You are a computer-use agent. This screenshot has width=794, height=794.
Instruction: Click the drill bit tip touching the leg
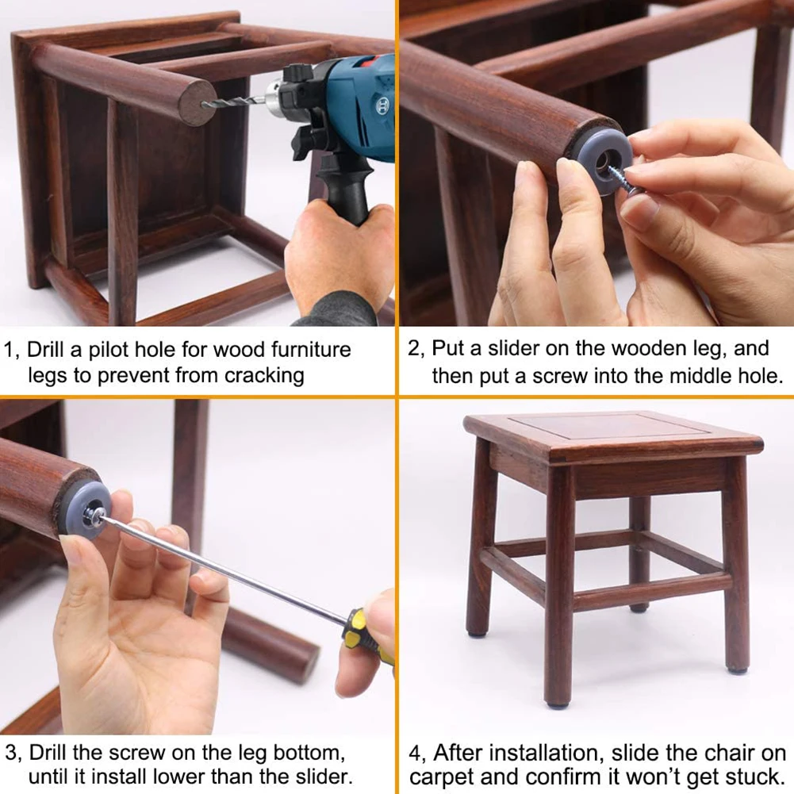click(208, 104)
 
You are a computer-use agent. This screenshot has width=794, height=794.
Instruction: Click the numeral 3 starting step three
click(10, 751)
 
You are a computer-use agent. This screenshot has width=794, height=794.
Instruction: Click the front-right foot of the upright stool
click(737, 668)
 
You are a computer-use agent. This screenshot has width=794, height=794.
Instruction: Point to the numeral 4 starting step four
click(415, 751)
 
